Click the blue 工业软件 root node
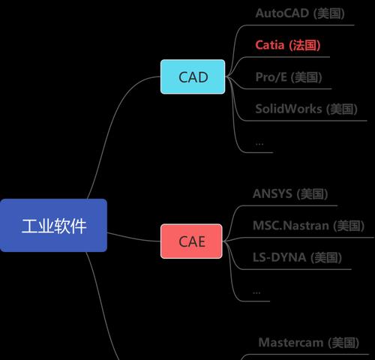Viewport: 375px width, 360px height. point(53,225)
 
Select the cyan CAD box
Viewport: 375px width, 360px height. point(193,76)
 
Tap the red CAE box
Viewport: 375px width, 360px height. point(191,241)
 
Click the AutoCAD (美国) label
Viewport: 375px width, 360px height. point(300,13)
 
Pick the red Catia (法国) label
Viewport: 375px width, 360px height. point(288,45)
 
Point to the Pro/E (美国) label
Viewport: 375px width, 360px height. point(289,77)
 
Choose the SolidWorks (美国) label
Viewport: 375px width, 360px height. point(306,109)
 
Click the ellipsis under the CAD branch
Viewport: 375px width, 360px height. point(259,144)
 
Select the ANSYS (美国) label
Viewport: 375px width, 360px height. point(290,194)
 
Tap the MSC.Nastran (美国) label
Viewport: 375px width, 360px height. point(308,226)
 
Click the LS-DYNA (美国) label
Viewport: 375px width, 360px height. point(297,257)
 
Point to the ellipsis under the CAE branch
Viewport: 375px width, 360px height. point(256,292)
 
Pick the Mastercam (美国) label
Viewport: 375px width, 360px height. point(309,343)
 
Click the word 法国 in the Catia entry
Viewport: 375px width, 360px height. point(304,45)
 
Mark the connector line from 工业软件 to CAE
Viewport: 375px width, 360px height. point(133,238)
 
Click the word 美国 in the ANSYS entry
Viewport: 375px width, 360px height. point(312,194)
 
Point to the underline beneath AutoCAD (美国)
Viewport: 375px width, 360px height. point(298,25)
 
